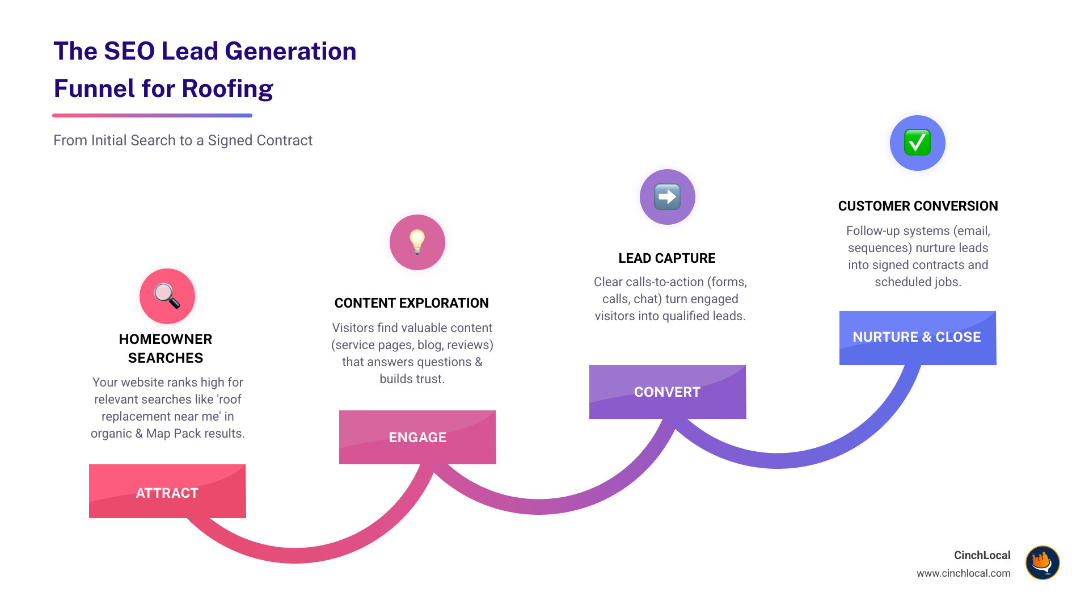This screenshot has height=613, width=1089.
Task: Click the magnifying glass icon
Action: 167,296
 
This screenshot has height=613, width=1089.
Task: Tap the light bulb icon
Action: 417,242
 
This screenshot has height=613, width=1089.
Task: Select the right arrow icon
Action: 667,197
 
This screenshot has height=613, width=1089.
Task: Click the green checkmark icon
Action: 917,142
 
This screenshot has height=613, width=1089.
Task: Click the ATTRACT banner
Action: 167,492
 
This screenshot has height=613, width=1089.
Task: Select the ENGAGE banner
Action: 417,437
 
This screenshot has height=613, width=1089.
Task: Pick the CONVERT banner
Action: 667,392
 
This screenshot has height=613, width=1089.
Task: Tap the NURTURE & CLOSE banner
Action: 917,337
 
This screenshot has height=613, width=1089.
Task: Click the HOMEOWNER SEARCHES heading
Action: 166,349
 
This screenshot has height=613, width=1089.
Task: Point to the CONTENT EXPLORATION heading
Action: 411,303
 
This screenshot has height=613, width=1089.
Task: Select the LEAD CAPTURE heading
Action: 666,258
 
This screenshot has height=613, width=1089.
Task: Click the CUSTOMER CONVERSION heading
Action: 918,206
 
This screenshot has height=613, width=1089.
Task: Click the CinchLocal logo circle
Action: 1042,562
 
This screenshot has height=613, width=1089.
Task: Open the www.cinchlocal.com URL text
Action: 963,573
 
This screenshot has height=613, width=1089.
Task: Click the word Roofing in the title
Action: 227,89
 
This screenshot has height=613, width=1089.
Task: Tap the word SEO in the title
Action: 129,51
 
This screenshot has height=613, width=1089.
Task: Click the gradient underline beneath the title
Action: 152,115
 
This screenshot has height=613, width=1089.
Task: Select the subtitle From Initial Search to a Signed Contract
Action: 183,140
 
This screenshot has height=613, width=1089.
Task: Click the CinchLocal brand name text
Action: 982,555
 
